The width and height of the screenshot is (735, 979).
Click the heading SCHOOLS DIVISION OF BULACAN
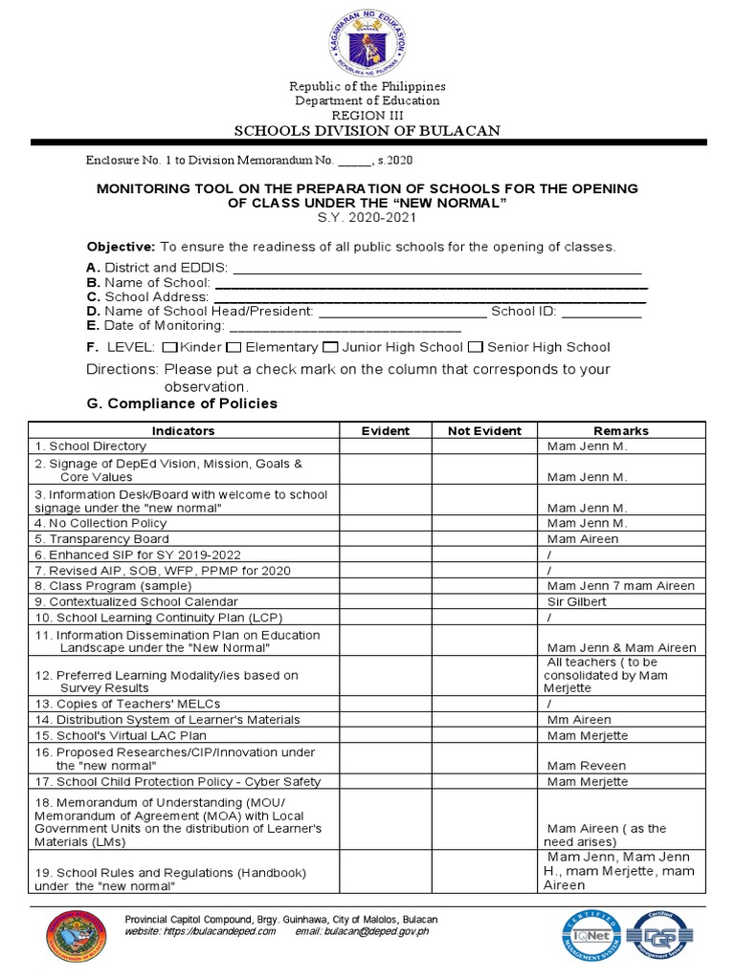coord(367,130)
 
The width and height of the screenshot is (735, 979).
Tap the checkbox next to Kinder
coord(170,347)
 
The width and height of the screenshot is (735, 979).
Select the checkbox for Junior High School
coord(330,347)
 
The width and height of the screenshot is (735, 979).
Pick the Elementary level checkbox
coord(234,347)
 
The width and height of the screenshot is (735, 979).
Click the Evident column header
coord(385,431)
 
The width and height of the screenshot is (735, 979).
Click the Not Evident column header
coord(484,431)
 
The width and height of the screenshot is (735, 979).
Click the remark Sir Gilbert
coord(576,602)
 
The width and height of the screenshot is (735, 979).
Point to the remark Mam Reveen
coord(586,766)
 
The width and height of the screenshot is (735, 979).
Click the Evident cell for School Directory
coord(385,446)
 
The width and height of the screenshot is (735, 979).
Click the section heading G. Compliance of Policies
coord(182,403)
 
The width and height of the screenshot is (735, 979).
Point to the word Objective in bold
coord(121,247)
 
